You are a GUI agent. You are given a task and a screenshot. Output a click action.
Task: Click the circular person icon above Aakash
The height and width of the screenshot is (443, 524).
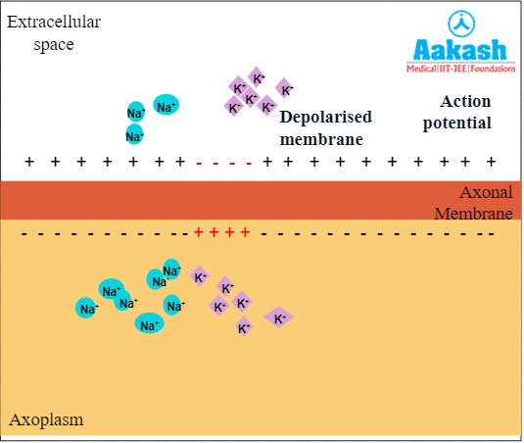460,22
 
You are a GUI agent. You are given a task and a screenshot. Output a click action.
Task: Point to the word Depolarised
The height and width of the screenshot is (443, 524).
326,118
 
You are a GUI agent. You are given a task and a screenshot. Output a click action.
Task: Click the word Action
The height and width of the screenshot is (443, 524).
465,101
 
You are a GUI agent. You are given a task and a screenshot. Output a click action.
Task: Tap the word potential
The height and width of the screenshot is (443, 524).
456,123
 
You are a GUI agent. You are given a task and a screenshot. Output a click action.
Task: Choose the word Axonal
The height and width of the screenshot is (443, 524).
486,193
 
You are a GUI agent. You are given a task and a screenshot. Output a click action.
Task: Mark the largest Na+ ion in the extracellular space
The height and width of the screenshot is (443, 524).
167,106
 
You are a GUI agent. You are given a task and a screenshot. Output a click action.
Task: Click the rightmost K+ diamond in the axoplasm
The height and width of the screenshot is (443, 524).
279,317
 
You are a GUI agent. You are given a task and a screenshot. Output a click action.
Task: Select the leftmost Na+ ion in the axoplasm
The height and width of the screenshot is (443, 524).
88,308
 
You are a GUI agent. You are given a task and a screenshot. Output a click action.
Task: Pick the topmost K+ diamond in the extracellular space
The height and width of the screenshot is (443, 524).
258,77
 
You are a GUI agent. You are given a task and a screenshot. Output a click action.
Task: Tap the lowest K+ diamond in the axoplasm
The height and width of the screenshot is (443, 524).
244,327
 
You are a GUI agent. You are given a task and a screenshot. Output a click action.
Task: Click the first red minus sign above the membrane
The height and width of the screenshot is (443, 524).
201,162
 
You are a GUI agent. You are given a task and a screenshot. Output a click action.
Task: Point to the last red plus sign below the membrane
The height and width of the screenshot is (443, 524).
246,232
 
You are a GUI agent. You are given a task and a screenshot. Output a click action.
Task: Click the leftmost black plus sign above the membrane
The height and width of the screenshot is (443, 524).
29,162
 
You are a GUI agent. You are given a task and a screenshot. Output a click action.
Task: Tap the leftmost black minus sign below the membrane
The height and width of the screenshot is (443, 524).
25,233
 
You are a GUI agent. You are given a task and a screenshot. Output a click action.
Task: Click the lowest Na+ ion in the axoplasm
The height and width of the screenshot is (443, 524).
149,324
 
